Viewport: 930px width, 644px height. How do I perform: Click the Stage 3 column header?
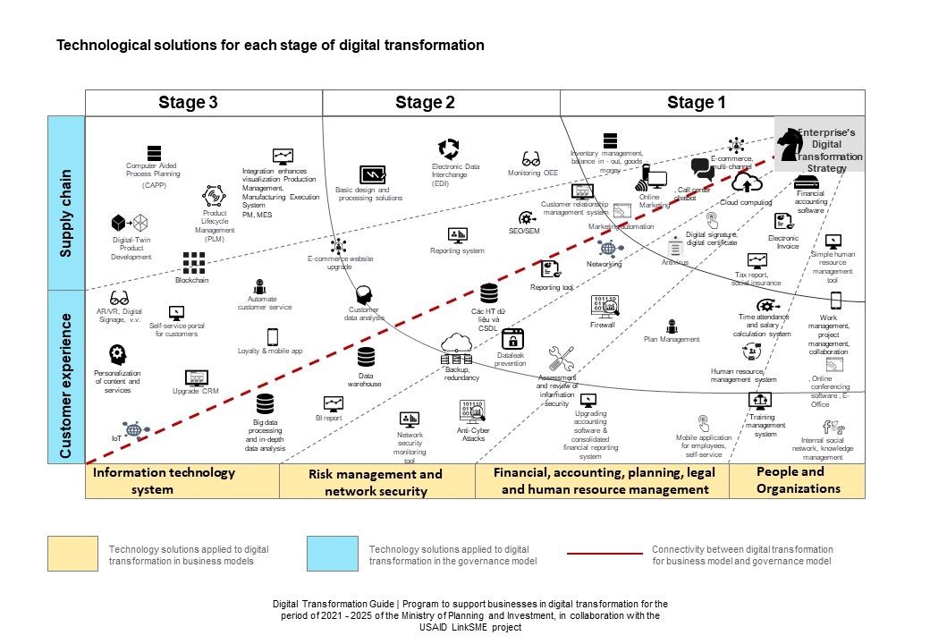tap(188, 103)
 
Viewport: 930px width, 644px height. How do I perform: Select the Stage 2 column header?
tap(426, 103)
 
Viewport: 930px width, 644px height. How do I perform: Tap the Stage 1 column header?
tap(697, 103)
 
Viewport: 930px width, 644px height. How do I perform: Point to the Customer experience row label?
tap(65, 376)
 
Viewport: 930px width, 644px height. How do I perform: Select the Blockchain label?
tap(192, 280)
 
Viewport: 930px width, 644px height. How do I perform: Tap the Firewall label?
tap(603, 325)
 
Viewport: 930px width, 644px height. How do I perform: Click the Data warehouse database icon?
tap(366, 358)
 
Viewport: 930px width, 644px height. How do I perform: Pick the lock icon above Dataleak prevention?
tap(512, 339)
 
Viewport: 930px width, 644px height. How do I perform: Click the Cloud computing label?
tap(746, 203)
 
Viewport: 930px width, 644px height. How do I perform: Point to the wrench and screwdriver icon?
tap(561, 359)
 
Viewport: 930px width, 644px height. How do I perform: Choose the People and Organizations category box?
tap(798, 480)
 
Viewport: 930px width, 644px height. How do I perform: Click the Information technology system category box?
tap(182, 480)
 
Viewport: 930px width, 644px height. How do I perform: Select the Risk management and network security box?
tap(376, 481)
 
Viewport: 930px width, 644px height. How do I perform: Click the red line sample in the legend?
tap(604, 554)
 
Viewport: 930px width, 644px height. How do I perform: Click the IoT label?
tap(116, 438)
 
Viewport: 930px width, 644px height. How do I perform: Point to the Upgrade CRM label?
tap(196, 391)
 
